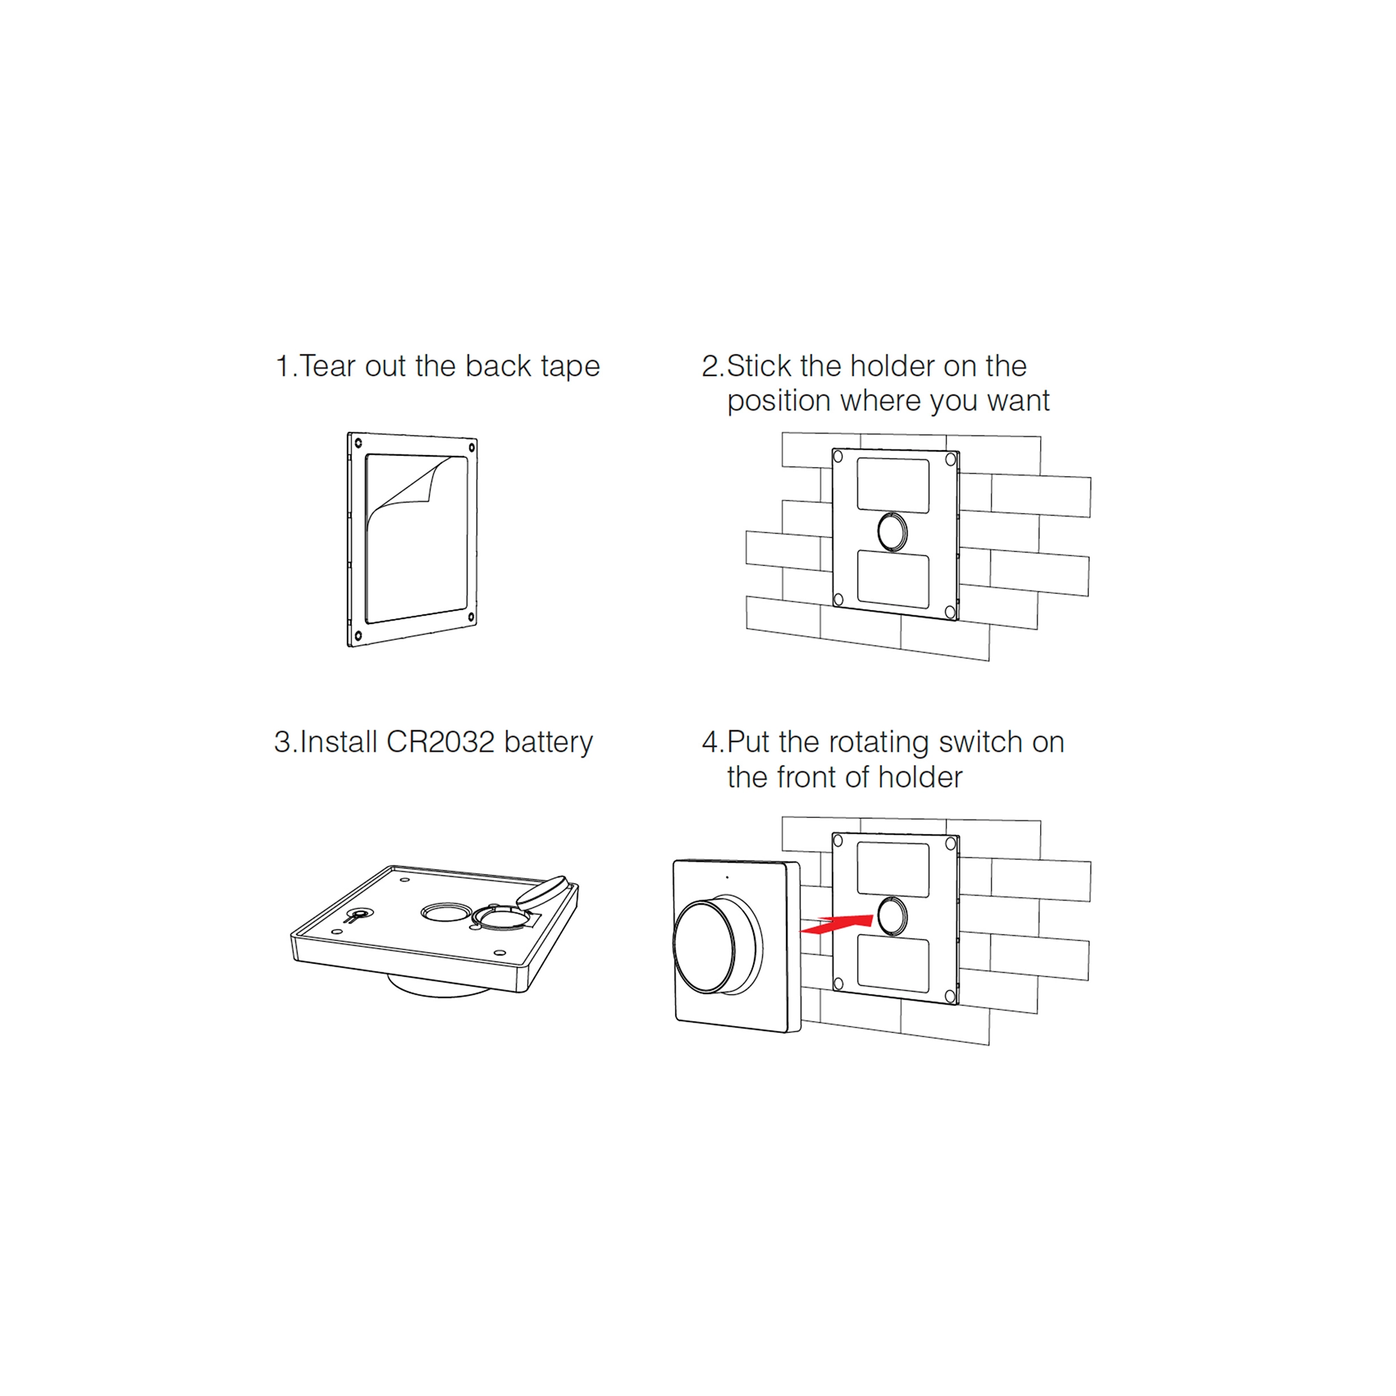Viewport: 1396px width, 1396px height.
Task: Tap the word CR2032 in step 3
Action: point(440,742)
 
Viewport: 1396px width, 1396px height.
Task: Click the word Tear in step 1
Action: point(328,366)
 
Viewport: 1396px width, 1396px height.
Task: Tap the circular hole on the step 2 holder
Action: point(892,532)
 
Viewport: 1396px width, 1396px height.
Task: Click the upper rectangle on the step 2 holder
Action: point(893,485)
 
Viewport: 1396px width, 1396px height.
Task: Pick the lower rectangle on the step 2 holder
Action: point(893,579)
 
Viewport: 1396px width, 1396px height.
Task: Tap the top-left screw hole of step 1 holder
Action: point(357,443)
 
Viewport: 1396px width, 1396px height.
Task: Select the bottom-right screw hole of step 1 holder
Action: point(471,616)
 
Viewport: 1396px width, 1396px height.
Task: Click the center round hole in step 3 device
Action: point(447,912)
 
